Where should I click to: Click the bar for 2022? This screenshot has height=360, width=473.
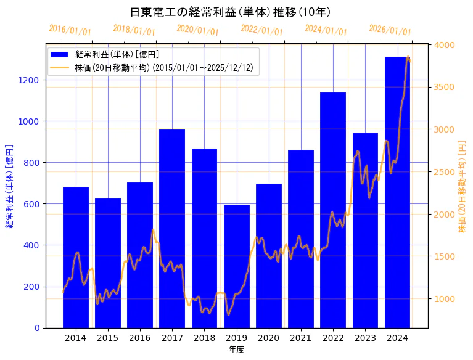(333, 210)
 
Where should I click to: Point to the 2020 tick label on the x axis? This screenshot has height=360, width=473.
(269, 338)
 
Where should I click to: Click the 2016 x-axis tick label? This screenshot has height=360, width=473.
(140, 338)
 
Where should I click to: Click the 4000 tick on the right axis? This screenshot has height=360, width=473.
(445, 45)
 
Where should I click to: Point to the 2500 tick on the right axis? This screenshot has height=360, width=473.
(445, 172)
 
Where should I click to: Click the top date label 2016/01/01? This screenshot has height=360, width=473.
(70, 30)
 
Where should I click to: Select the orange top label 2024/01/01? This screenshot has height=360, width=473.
(326, 30)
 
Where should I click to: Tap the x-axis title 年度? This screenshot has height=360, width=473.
(236, 350)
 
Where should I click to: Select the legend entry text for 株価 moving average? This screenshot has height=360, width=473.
(164, 68)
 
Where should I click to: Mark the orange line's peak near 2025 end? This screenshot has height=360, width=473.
(408, 57)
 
